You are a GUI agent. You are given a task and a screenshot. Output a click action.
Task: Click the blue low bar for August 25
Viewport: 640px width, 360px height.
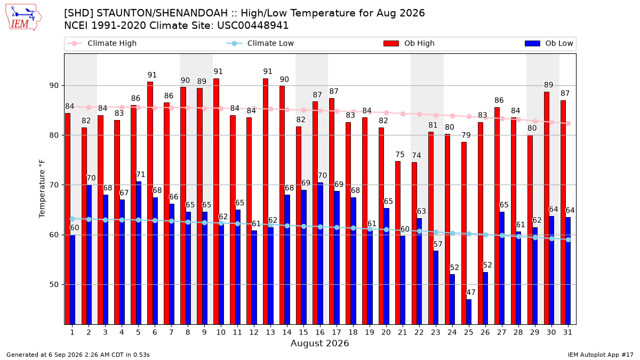point(469,311)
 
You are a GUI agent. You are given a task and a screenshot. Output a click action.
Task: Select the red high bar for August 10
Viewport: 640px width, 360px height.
point(217,202)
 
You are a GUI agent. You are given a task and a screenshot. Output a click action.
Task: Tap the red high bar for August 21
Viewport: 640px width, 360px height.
point(398,243)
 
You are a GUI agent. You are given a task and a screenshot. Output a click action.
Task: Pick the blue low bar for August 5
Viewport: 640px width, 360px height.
point(139,253)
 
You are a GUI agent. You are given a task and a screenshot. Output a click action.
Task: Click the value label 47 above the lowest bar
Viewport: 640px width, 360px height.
point(470,292)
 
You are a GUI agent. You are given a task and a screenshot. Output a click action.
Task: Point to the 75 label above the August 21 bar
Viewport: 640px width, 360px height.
point(400,155)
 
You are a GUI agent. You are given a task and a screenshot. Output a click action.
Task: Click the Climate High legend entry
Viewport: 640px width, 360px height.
point(102,43)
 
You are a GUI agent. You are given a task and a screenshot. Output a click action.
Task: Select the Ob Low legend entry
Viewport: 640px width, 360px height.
point(549,43)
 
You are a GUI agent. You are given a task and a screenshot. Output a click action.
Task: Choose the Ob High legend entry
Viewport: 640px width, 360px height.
point(409,43)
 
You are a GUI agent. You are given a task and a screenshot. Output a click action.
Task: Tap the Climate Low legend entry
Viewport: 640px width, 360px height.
point(260,43)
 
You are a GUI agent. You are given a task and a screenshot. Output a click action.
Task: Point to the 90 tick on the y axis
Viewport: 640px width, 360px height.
point(54,86)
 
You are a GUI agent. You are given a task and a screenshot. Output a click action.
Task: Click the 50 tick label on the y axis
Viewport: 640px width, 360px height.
point(54,285)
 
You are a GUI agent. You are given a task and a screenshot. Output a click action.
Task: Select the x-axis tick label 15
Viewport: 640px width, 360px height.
point(303,332)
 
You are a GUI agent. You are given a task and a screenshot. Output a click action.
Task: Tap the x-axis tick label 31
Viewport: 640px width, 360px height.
point(567,332)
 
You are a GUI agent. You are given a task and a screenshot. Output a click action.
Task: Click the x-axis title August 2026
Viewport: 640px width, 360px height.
point(319,343)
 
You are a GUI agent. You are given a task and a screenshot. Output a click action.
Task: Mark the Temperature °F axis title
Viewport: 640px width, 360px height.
point(42,189)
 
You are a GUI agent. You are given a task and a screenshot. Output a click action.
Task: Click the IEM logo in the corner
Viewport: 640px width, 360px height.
point(23,18)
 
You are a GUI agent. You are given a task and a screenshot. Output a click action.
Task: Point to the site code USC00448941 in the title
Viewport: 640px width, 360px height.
point(253,26)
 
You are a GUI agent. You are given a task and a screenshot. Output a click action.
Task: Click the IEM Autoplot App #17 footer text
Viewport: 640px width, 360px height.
point(601,355)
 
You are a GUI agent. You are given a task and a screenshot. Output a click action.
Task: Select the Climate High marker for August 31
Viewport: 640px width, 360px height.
point(569,123)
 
